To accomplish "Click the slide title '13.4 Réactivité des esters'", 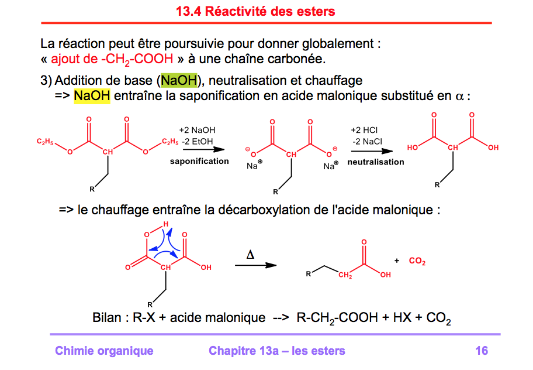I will click(255, 11).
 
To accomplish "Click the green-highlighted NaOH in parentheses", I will click(179, 80).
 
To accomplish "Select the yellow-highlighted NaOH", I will click(92, 95).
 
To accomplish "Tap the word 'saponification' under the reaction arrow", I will click(199, 161).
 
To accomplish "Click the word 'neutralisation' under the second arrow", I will click(376, 162).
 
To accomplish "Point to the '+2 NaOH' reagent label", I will click(198, 131).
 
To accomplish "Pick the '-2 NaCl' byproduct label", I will click(367, 141).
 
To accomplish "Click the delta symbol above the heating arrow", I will click(250, 255).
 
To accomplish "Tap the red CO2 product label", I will click(417, 262).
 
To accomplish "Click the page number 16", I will click(482, 351).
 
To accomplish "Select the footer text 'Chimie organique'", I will click(104, 351).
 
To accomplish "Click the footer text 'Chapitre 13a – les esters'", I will click(276, 351).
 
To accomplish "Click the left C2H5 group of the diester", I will click(45, 141).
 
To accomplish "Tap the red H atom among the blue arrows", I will click(166, 224).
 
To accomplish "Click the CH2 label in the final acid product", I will click(345, 275).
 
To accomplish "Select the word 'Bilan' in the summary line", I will click(107, 318).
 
